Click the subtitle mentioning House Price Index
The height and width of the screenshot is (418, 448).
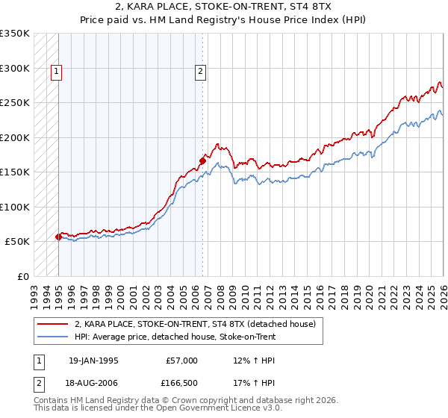[223, 20]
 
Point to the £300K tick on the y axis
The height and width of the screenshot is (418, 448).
[15, 68]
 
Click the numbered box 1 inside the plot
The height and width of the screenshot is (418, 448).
[56, 72]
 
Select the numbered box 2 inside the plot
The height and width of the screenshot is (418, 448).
[201, 72]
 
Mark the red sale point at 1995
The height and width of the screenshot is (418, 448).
[59, 237]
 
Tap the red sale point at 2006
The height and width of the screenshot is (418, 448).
[202, 160]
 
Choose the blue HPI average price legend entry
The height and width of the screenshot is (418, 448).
[175, 337]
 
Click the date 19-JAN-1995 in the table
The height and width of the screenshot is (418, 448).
[93, 361]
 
